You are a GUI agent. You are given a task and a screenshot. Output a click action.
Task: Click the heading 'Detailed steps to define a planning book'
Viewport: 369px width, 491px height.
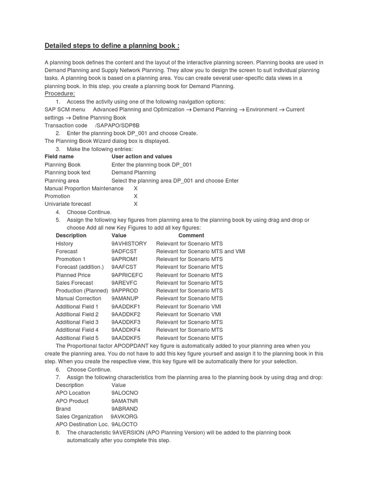tap(112, 46)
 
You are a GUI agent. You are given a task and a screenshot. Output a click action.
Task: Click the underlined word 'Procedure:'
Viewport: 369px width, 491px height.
tap(60, 94)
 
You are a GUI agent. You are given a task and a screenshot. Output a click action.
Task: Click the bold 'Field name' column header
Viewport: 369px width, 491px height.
tap(59, 157)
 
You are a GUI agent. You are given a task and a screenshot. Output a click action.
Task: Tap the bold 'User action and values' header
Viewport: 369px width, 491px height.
tap(142, 157)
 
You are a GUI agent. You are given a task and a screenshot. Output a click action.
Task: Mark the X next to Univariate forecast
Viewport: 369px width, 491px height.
tap(135, 204)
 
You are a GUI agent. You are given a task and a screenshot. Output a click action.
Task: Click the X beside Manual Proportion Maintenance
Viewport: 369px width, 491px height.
tap(135, 188)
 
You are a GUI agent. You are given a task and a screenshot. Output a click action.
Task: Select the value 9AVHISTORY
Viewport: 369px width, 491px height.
tap(129, 244)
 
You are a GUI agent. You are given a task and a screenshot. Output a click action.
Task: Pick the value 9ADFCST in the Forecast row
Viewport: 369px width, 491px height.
tap(124, 251)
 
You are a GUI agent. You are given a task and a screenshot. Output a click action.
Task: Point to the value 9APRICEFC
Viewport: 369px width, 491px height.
tap(127, 275)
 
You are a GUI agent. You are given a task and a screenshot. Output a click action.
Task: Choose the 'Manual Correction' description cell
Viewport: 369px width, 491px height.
tap(78, 298)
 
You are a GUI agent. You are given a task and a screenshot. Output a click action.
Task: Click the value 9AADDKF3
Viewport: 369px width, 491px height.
tap(125, 322)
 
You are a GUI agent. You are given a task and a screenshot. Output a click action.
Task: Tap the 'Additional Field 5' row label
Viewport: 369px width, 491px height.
tap(77, 338)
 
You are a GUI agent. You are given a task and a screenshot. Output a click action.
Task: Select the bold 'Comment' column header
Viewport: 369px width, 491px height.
tap(191, 235)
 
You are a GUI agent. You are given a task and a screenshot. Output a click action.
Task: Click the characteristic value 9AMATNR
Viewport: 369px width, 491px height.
tap(125, 401)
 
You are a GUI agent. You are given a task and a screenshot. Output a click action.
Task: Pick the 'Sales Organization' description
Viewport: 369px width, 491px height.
tap(79, 417)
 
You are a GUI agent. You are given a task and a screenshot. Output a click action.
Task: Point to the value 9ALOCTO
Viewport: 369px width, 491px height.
tap(124, 424)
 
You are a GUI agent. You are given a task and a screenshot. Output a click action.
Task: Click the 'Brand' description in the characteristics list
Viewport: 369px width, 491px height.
tap(63, 409)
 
